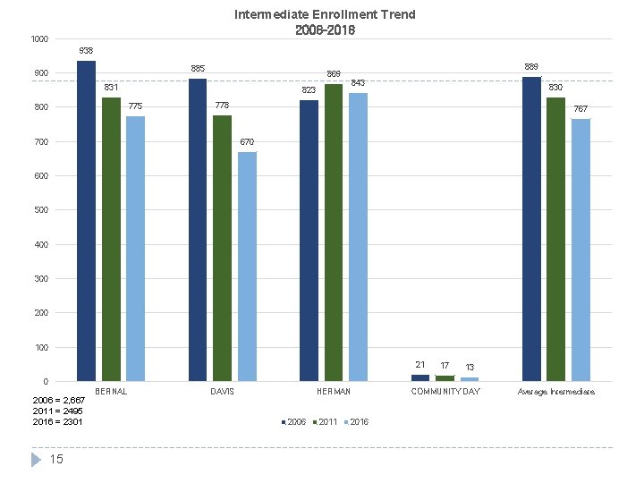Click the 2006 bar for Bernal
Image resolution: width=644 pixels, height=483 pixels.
86,221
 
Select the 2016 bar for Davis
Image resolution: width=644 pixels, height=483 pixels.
248,267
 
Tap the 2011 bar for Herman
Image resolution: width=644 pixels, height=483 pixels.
334,233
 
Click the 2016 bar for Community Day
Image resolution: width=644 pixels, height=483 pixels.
470,379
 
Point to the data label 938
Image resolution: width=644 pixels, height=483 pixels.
86,50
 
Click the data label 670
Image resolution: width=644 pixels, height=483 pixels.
248,142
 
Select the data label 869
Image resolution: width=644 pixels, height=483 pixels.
334,73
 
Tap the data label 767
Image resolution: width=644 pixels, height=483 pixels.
580,108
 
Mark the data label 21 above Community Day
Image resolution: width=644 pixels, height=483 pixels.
420,364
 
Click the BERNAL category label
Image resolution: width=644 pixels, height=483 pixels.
111,392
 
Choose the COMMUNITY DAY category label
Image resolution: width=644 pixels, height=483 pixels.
445,392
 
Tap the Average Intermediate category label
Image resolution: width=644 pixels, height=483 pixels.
556,392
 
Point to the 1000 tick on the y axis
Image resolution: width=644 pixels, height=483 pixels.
38,39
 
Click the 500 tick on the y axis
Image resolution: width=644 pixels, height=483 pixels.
41,210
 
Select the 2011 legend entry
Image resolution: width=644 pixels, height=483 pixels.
324,421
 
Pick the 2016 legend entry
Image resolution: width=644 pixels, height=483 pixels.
355,421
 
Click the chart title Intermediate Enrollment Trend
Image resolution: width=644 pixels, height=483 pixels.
325,15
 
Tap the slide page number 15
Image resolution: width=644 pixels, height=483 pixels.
56,460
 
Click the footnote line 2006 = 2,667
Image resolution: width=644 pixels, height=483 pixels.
59,400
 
